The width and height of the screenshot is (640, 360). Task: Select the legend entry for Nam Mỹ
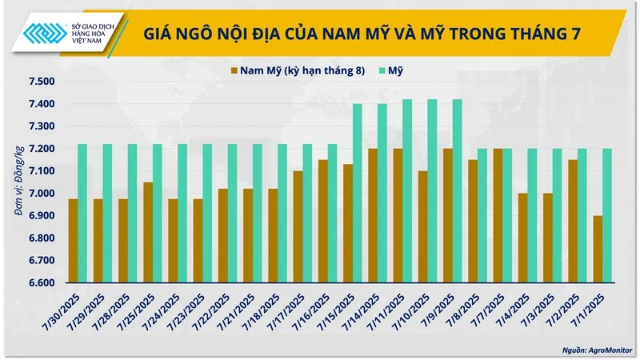[296, 71]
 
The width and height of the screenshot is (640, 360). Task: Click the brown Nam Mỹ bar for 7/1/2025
[598, 249]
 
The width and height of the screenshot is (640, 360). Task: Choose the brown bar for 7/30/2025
[73, 241]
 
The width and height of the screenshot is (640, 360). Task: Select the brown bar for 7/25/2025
[148, 232]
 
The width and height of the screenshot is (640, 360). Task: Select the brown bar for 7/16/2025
[322, 221]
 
